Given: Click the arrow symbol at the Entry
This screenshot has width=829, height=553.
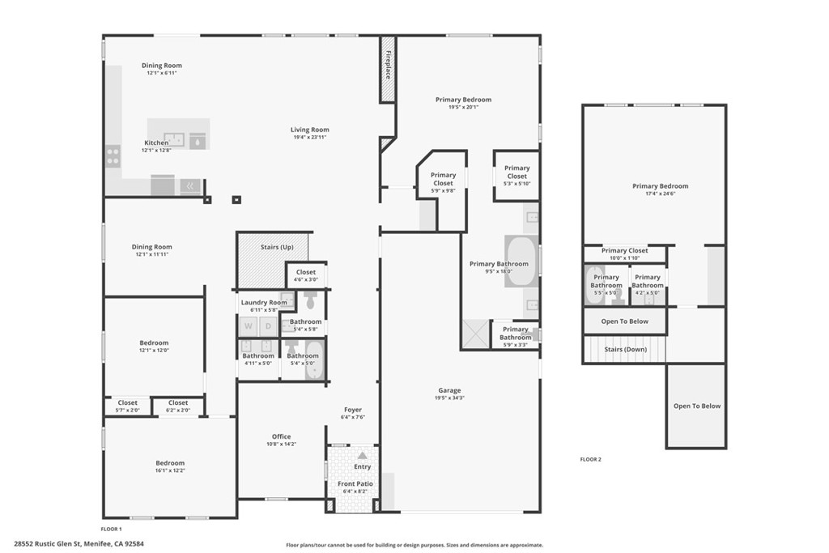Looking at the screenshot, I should tap(362, 456).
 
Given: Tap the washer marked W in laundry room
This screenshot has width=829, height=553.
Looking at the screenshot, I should tap(249, 327).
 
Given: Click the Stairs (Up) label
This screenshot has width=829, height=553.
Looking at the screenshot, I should tap(277, 247).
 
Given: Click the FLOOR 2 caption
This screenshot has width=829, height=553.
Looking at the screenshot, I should tap(590, 459).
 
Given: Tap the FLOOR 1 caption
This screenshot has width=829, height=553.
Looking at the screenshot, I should tap(112, 528).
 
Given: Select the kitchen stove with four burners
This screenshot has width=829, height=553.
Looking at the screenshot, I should tap(113, 155).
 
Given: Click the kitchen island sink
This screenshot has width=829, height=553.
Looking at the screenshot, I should tap(174, 139).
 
